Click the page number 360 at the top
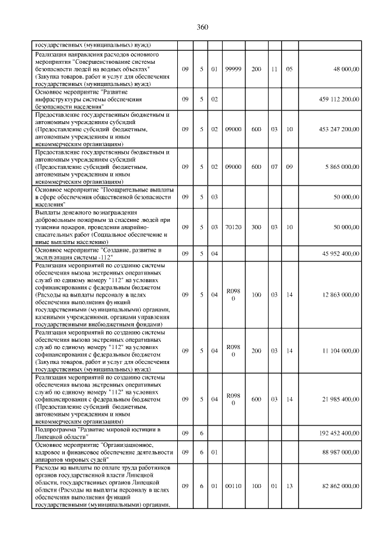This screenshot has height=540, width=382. (x=202, y=27)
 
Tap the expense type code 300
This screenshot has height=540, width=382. (x=256, y=227)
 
